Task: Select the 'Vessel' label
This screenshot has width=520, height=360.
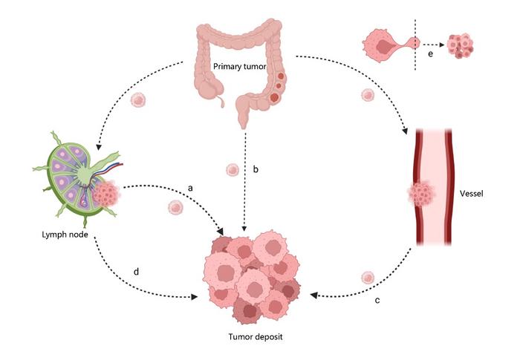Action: (x=472, y=194)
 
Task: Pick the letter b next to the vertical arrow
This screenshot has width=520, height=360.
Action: (x=256, y=170)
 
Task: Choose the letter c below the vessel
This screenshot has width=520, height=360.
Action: (x=377, y=300)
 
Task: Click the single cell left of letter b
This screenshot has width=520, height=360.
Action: (x=232, y=170)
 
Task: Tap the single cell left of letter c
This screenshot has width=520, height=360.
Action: (x=366, y=278)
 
